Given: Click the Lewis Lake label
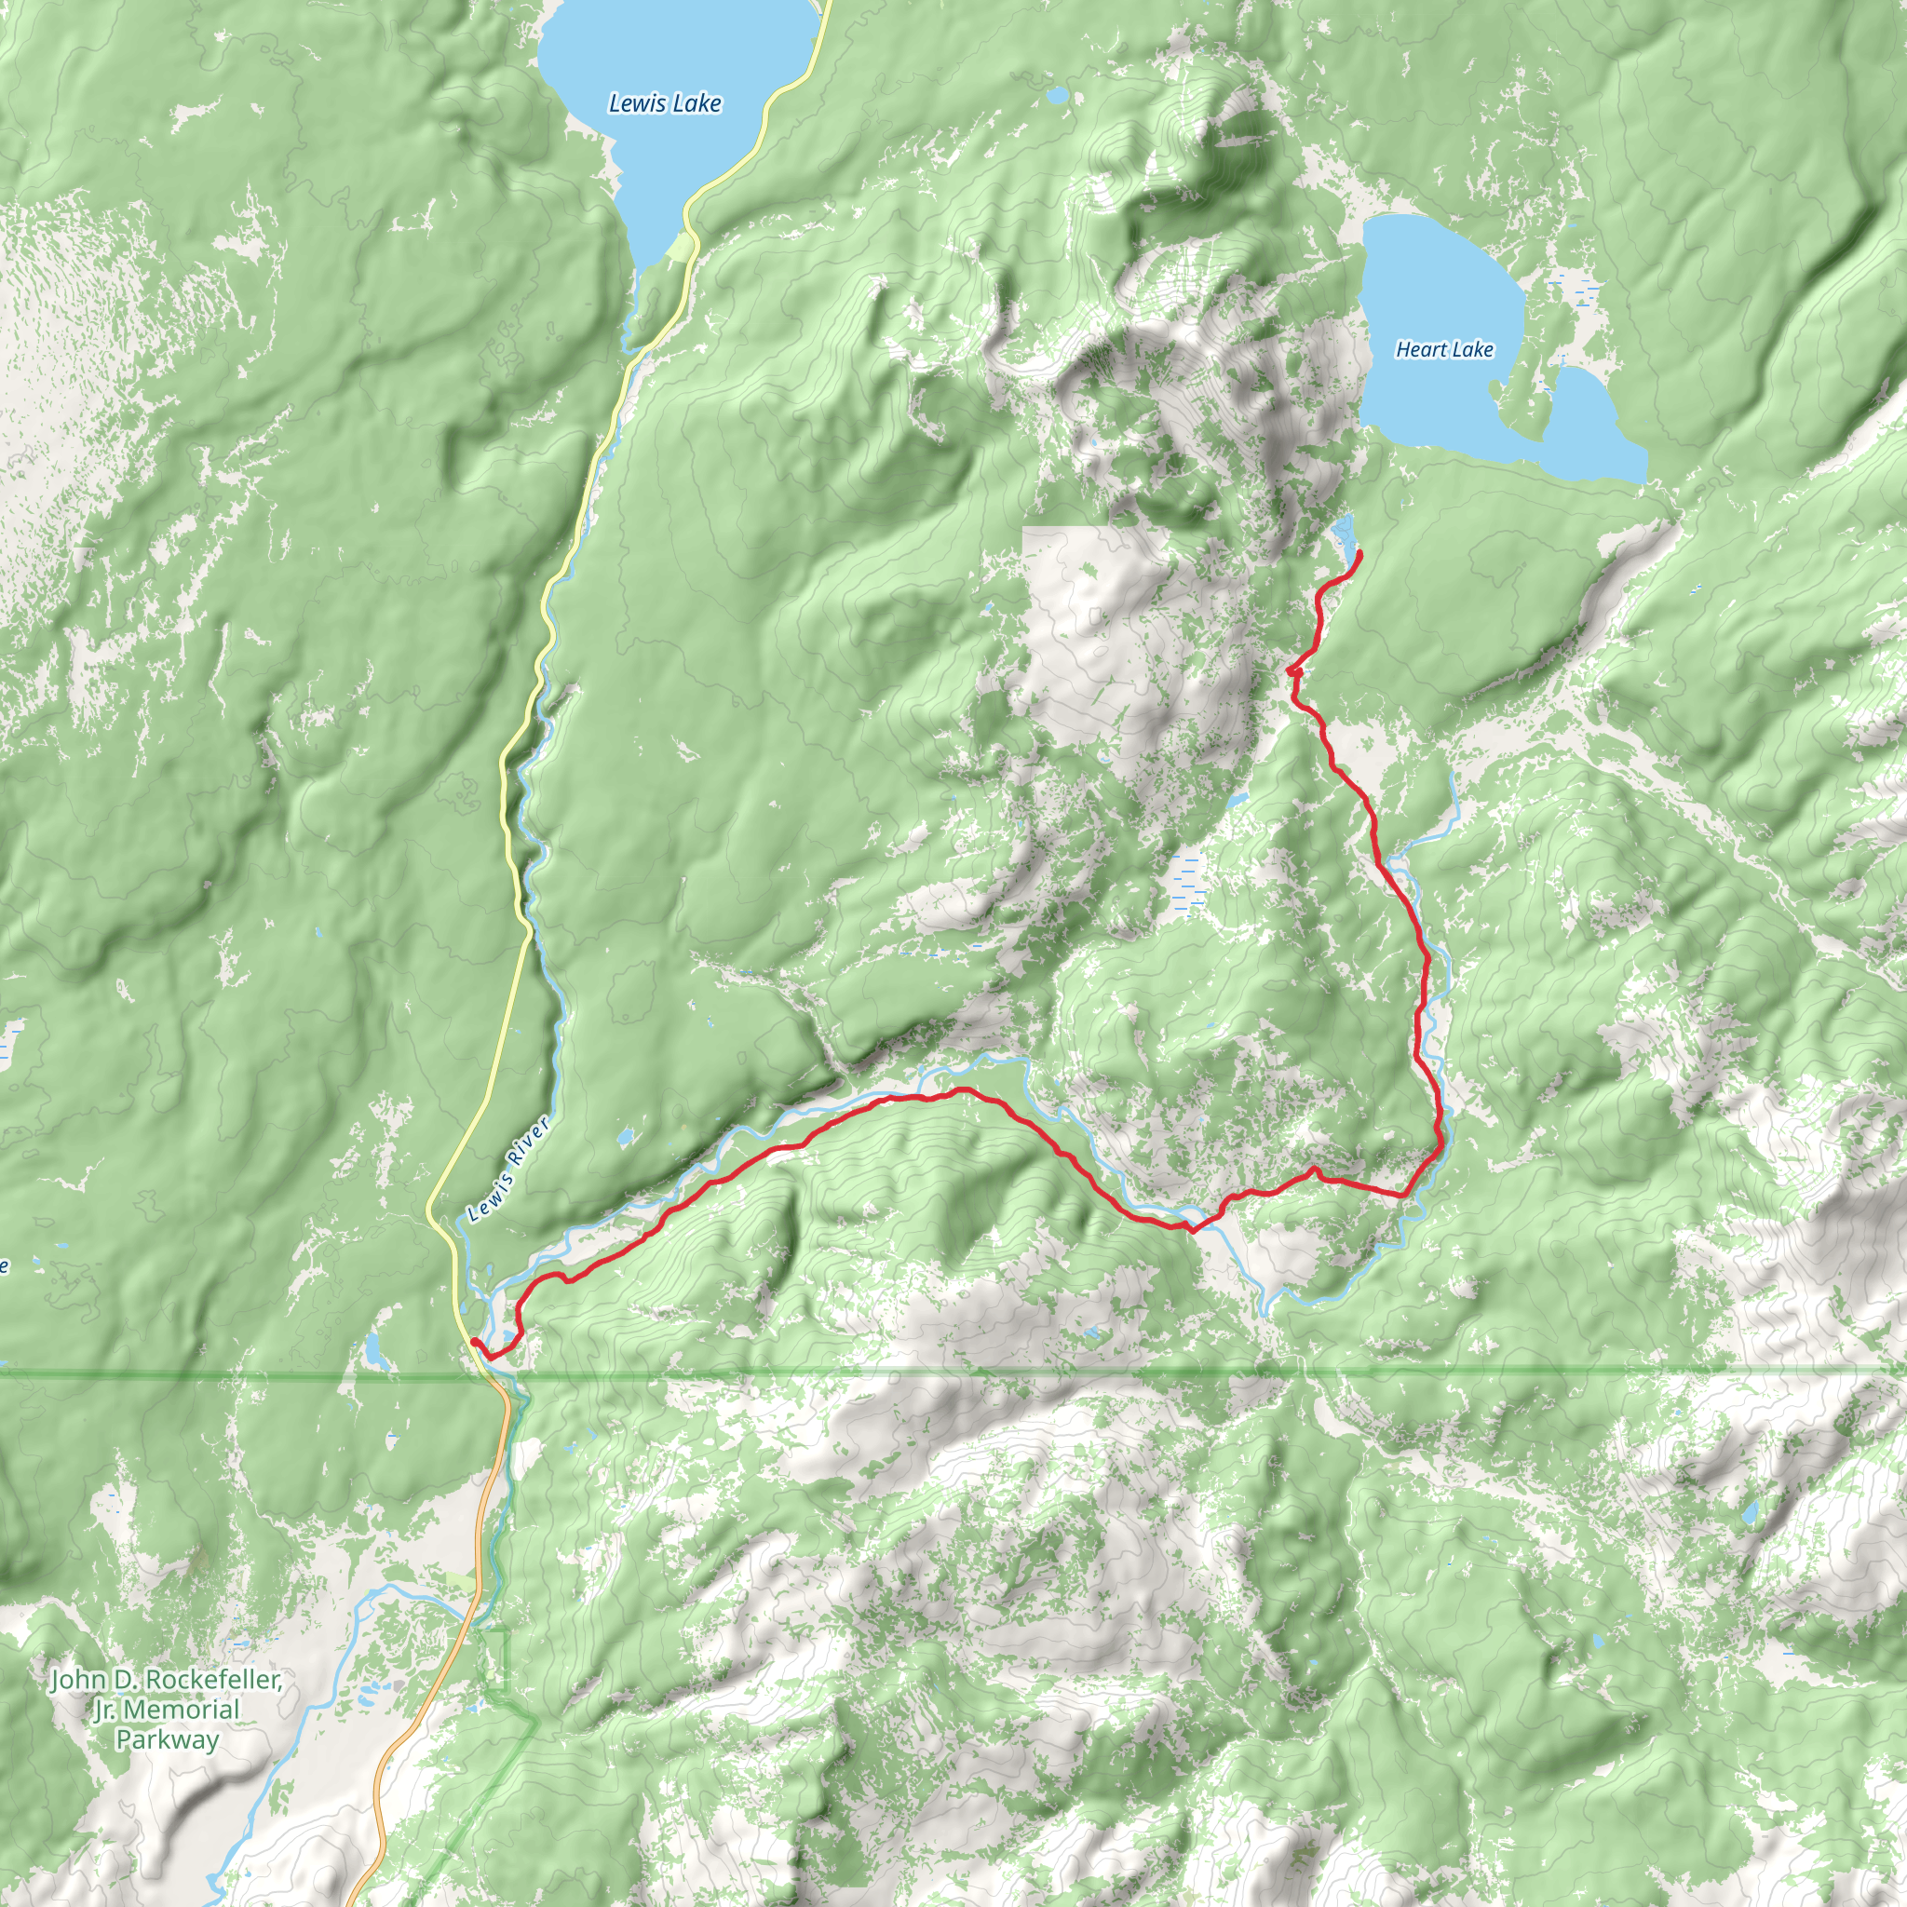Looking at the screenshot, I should click(664, 102).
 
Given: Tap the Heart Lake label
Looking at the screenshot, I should click(1444, 349).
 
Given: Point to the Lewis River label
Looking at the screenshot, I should click(507, 1170).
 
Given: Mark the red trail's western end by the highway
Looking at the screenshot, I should click(475, 1342).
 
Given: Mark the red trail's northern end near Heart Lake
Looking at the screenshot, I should click(1361, 553).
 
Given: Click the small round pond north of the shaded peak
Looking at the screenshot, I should click(1057, 96).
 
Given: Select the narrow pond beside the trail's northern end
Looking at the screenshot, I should click(1344, 538).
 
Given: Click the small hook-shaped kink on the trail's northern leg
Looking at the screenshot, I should click(1294, 671).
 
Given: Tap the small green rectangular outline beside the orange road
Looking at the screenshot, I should click(494, 1659).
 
